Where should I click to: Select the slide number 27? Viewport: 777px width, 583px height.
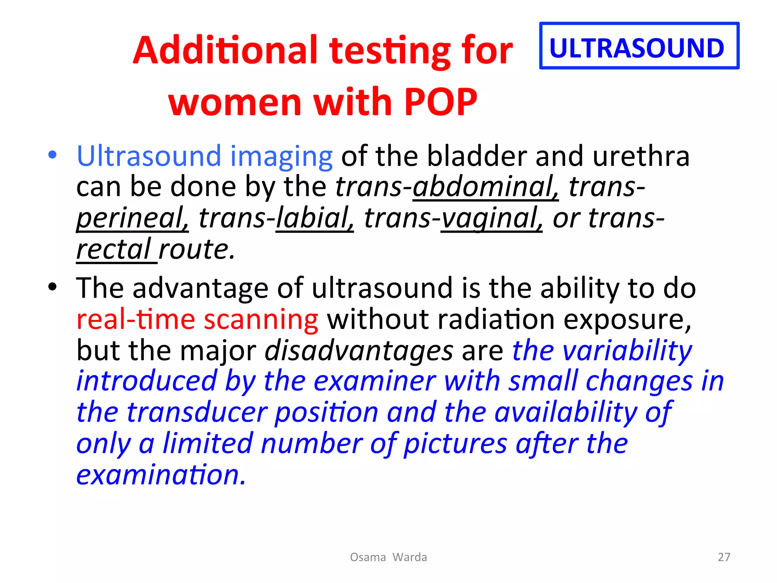(724, 557)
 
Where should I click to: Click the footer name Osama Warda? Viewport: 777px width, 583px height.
(388, 557)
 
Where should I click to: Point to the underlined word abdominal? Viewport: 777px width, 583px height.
(485, 187)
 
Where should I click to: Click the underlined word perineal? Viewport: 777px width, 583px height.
(132, 219)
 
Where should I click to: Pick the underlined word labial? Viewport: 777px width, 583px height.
(315, 218)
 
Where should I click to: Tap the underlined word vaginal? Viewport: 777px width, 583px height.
(491, 219)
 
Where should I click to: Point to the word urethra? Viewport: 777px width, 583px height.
(641, 156)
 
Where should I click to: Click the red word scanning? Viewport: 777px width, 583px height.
(261, 319)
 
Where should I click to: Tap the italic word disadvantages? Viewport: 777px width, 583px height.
(359, 350)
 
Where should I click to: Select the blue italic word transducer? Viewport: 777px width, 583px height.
(197, 413)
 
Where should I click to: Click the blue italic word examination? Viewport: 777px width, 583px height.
(161, 475)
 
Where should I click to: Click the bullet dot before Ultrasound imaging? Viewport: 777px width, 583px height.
(52, 154)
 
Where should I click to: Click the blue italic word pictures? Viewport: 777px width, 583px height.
(455, 444)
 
